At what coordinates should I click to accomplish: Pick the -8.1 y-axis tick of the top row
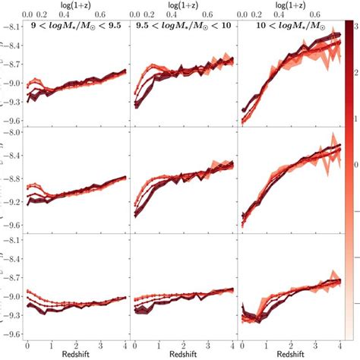pos(11,27)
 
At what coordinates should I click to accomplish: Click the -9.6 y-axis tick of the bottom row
pos(11,333)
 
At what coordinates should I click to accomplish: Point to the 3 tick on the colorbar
pos(354,26)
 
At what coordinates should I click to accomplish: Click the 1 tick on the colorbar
pos(354,118)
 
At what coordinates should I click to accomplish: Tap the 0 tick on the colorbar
pos(354,163)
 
